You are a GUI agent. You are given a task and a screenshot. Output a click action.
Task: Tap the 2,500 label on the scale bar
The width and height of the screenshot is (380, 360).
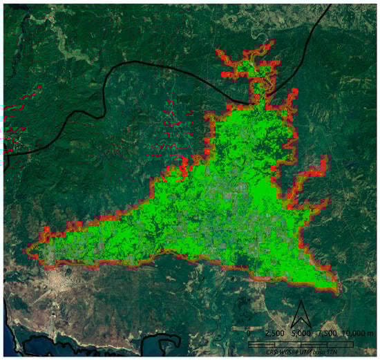(274, 333)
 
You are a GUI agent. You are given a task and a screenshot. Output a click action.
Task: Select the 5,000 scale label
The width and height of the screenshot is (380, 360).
(301, 333)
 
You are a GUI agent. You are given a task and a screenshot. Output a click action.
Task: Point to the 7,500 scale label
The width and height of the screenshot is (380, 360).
(327, 333)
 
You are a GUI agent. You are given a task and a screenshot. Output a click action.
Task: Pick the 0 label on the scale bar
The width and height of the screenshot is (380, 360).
(248, 333)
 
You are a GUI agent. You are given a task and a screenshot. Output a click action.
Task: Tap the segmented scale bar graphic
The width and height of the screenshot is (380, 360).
(301, 343)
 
